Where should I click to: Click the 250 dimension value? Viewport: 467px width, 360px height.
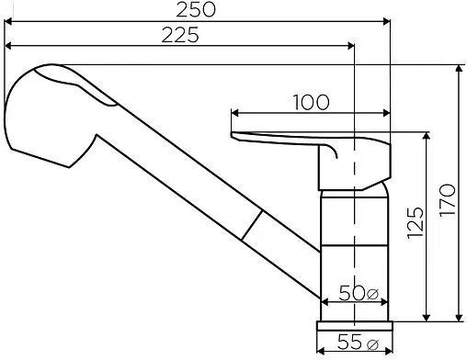pyautogui.click(x=196, y=9)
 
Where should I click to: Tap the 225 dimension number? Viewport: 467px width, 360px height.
pyautogui.click(x=180, y=35)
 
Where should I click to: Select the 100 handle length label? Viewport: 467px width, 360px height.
pyautogui.click(x=312, y=102)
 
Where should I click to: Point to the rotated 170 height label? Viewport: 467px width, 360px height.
pyautogui.click(x=448, y=200)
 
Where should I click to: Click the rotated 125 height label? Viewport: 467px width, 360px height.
pyautogui.click(x=416, y=223)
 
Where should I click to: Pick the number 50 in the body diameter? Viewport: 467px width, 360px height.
pyautogui.click(x=352, y=293)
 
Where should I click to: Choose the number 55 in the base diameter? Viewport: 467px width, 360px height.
pyautogui.click(x=349, y=342)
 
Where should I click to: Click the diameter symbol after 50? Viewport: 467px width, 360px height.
pyautogui.click(x=372, y=294)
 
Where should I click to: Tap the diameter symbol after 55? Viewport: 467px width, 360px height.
pyautogui.click(x=372, y=343)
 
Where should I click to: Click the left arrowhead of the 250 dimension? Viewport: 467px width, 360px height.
pyautogui.click(x=8, y=21)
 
